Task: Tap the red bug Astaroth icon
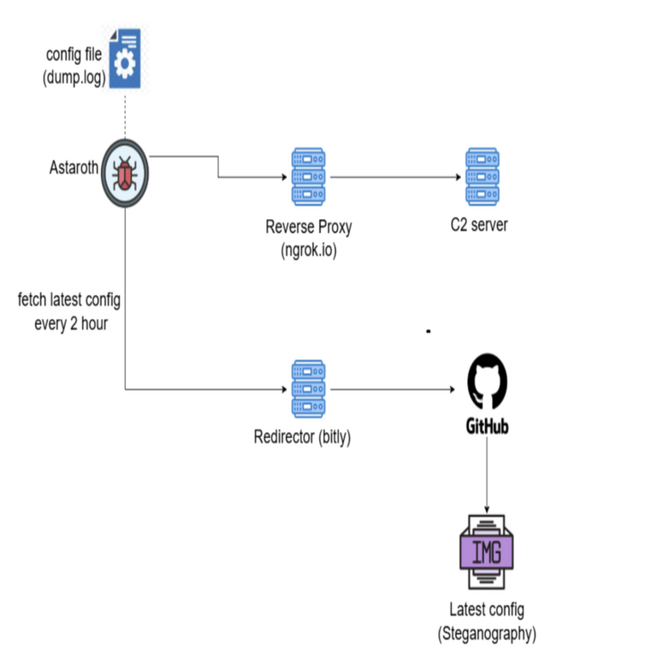[126, 175]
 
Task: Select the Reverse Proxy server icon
[308, 177]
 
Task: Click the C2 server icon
[482, 177]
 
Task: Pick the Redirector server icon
[308, 390]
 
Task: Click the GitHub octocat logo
[488, 382]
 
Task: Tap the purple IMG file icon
[487, 551]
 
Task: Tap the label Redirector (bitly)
[303, 438]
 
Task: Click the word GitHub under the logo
[487, 425]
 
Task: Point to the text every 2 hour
[71, 324]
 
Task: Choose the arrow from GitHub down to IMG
[487, 476]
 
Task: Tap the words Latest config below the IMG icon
[487, 612]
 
